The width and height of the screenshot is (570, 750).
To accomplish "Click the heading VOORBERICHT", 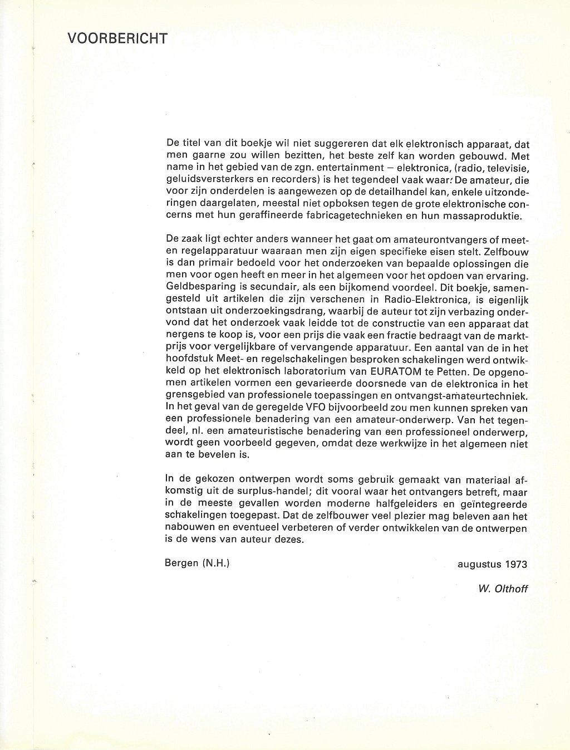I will click(117, 38).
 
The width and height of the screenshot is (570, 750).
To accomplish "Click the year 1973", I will click(517, 564).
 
